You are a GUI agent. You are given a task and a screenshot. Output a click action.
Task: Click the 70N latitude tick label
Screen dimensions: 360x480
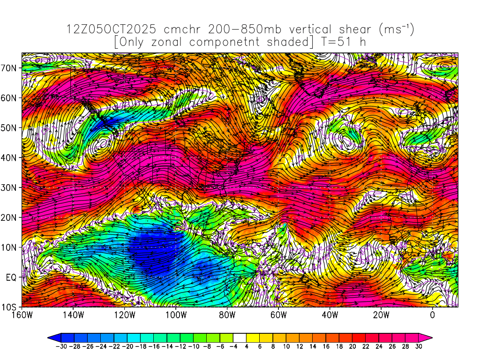point(10,67)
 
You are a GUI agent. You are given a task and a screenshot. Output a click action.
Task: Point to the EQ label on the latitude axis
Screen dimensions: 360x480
point(11,277)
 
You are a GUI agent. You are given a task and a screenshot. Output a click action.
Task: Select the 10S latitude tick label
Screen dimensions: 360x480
point(10,307)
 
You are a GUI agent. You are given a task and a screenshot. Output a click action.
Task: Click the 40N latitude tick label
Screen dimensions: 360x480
point(10,157)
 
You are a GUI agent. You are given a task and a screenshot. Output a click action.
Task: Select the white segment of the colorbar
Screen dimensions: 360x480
point(240,337)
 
